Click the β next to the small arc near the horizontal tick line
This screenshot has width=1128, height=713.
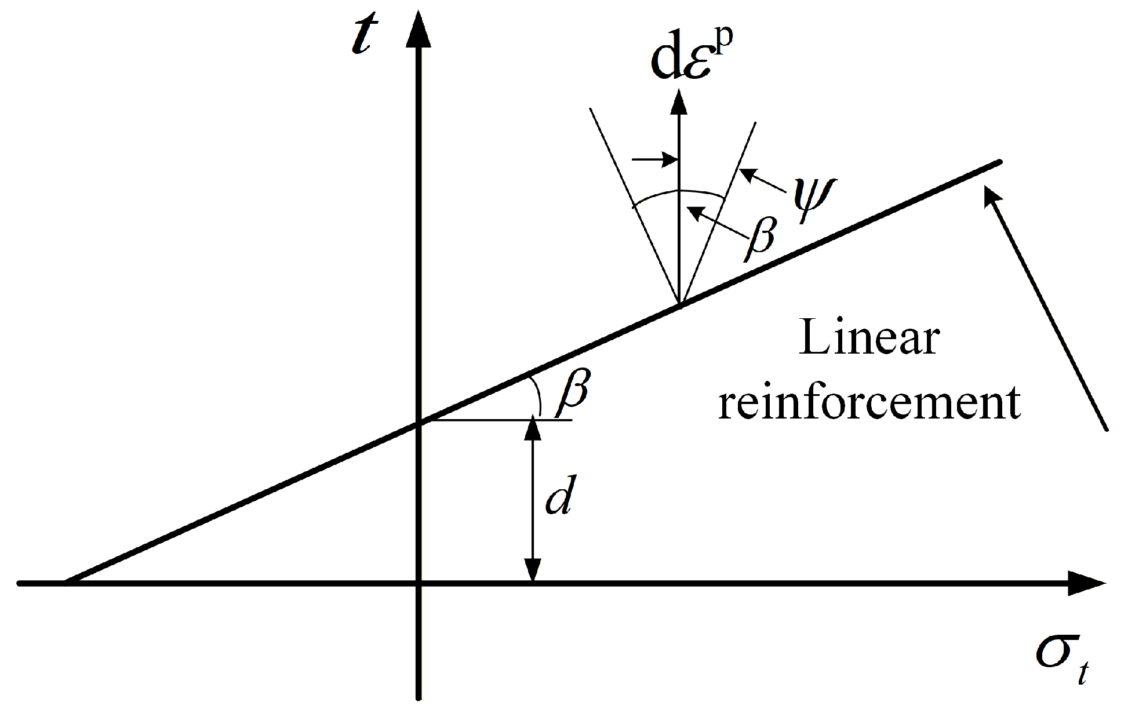573,394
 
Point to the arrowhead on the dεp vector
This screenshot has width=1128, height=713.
678,101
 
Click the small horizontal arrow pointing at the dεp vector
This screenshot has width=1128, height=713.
654,159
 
